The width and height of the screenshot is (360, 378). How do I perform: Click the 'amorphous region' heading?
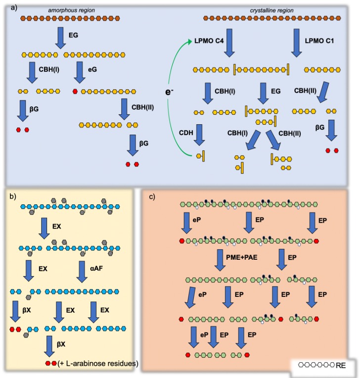[71, 10]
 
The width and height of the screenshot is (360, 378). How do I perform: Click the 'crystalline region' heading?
[271, 10]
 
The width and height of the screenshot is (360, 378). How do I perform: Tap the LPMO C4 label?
[209, 41]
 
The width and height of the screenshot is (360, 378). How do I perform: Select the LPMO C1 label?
[319, 41]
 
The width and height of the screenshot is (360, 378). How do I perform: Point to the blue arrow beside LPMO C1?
[296, 43]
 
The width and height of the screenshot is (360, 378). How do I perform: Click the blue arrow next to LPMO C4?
[229, 43]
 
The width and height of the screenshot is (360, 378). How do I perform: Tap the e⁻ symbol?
[169, 92]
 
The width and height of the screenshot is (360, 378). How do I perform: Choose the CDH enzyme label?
[186, 133]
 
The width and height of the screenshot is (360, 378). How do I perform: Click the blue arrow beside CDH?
[199, 135]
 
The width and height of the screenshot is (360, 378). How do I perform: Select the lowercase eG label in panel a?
[92, 69]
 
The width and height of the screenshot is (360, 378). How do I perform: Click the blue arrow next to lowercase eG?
[80, 72]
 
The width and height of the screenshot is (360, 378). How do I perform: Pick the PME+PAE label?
[242, 257]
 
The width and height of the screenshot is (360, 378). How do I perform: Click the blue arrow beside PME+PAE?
[220, 260]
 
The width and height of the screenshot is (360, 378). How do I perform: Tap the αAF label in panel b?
[96, 268]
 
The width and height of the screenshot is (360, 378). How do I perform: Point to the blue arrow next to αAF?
[82, 272]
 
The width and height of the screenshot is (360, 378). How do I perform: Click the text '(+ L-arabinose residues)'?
[98, 363]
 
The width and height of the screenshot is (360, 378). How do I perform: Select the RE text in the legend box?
[341, 365]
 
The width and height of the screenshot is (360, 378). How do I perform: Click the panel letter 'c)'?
[152, 197]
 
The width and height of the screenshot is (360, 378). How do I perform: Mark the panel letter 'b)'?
[13, 196]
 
